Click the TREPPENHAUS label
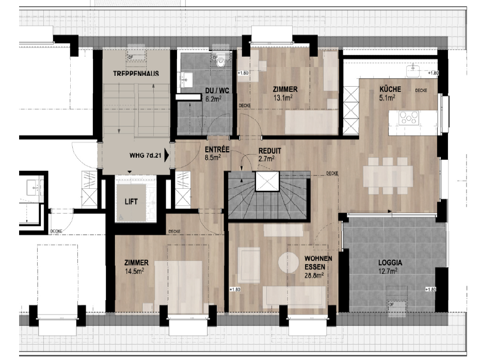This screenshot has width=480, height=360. coord(136,74)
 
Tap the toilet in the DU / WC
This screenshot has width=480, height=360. coord(221,63)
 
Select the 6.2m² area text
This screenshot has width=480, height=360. coord(213,99)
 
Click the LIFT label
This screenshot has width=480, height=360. coord(131,201)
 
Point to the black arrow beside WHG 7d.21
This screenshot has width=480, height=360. coord(167,156)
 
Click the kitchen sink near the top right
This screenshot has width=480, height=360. coord(413,69)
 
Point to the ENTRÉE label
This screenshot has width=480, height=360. coord(212,150)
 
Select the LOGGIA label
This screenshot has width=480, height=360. coord(390,262)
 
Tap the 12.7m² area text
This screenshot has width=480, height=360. coord(390,270)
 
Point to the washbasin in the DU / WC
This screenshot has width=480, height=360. coord(186,80)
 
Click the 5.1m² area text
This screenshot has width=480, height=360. coord(387,96)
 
